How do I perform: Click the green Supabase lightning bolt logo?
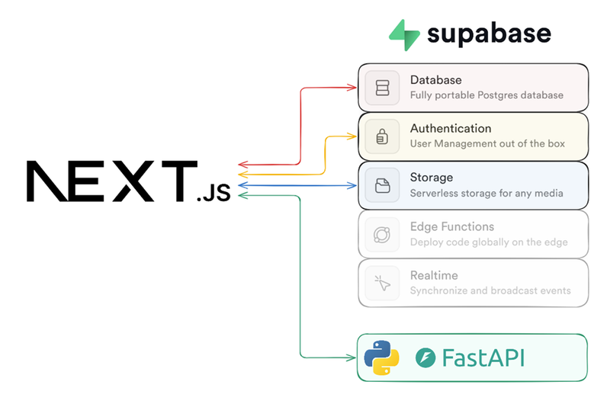click(404, 35)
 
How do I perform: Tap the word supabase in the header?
click(489, 34)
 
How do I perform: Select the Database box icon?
click(382, 88)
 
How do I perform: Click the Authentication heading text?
click(451, 129)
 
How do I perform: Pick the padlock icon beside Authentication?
click(382, 136)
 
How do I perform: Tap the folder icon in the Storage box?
click(382, 185)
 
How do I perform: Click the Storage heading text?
click(432, 178)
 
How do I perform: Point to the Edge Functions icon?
click(382, 235)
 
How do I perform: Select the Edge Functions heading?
click(452, 226)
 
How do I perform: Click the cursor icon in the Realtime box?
click(382, 284)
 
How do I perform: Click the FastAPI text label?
click(481, 357)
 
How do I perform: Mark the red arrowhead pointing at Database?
click(353, 88)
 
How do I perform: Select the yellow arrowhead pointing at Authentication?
click(353, 136)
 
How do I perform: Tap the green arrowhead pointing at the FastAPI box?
click(353, 357)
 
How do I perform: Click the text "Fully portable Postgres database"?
click(486, 95)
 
